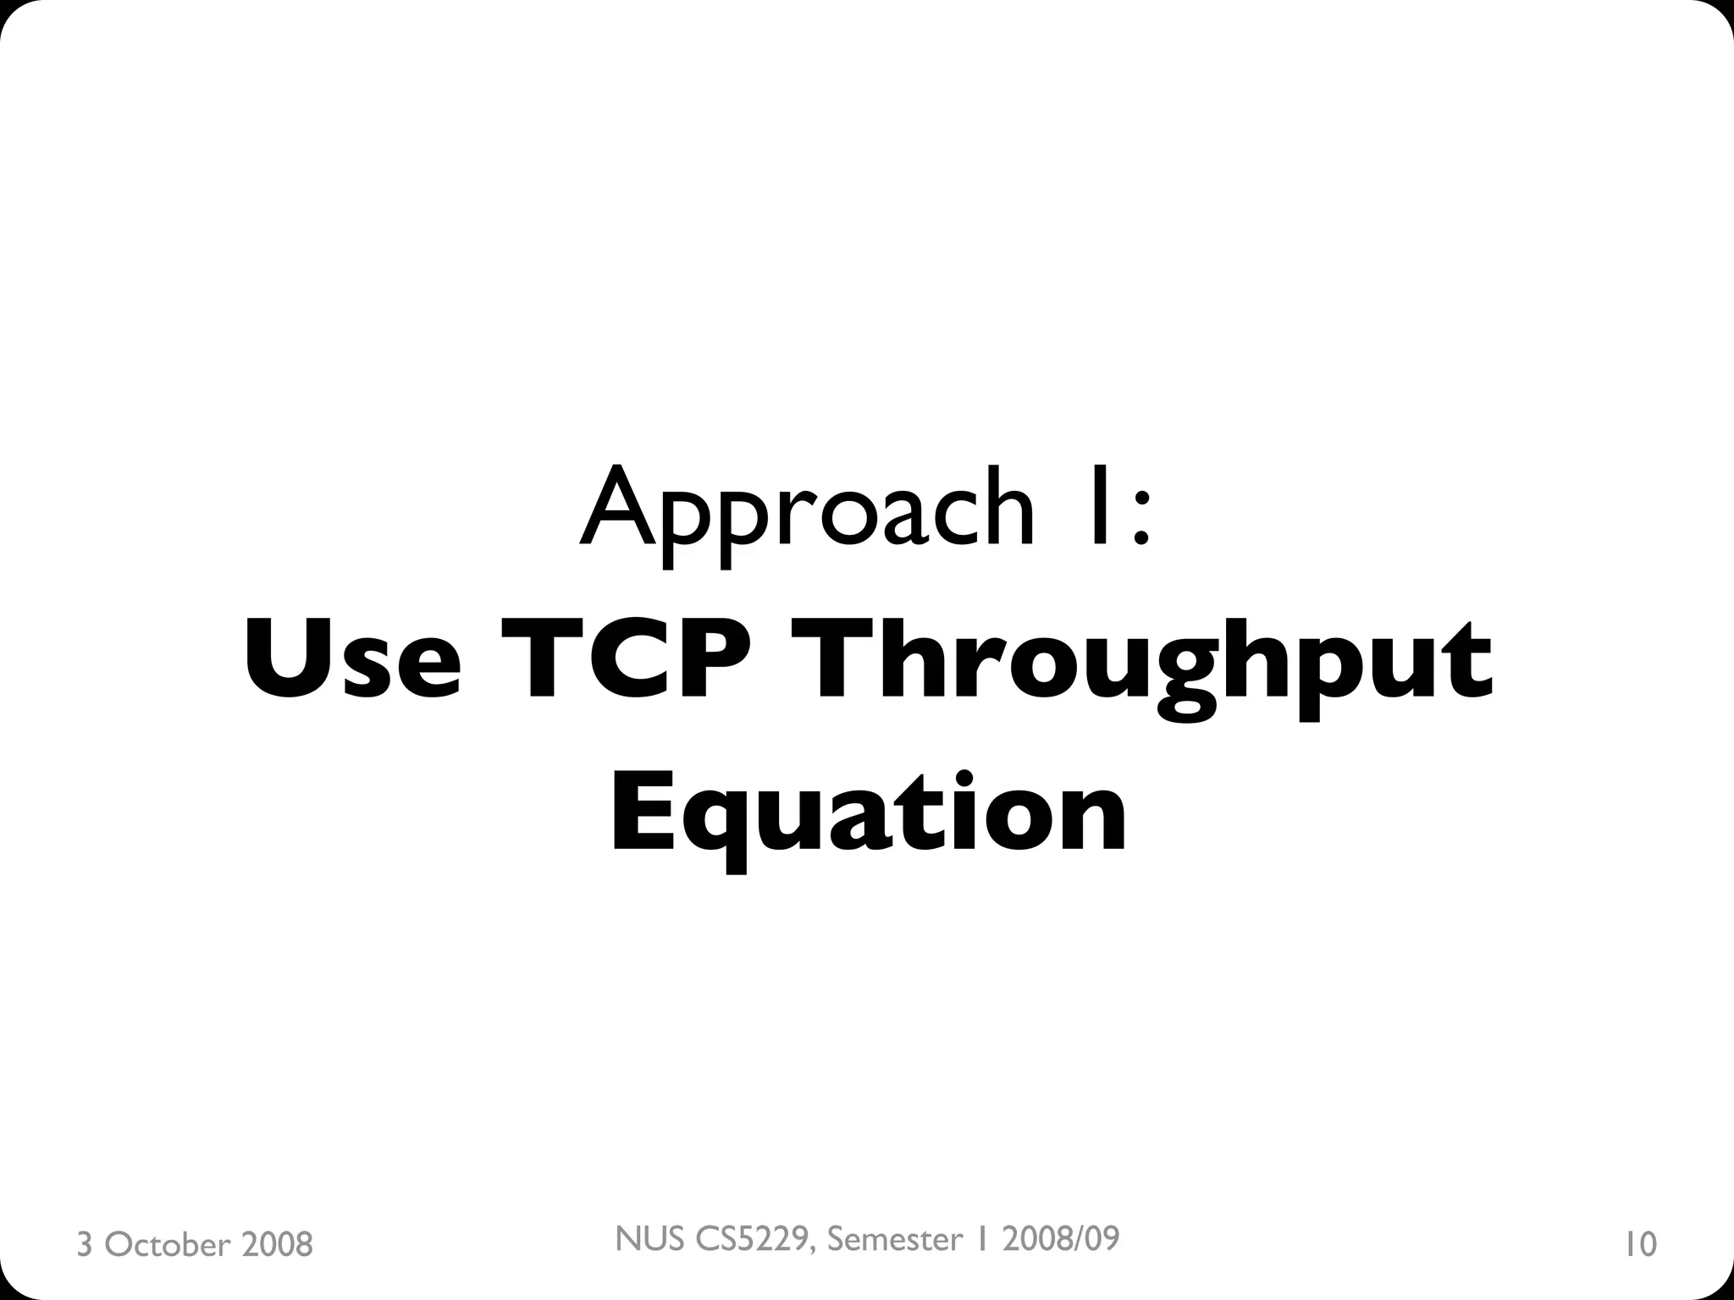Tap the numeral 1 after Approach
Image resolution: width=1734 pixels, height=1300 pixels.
pyautogui.click(x=1098, y=505)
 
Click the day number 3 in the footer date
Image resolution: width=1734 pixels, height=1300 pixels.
pyautogui.click(x=84, y=1245)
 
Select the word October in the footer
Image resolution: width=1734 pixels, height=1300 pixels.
pyautogui.click(x=168, y=1245)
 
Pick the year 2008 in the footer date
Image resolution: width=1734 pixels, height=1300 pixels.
pyautogui.click(x=277, y=1245)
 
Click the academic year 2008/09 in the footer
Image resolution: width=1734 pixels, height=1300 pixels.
pyautogui.click(x=1060, y=1239)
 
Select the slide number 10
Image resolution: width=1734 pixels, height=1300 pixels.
pyautogui.click(x=1640, y=1245)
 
